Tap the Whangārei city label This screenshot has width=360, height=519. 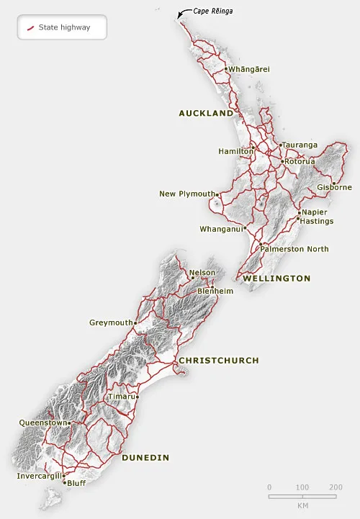(x=248, y=69)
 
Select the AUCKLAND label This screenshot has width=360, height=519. (x=206, y=113)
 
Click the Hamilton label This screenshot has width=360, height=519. (x=235, y=151)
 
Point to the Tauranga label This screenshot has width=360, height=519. (x=300, y=145)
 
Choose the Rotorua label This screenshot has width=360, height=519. (x=300, y=161)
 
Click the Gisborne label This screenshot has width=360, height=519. (x=334, y=187)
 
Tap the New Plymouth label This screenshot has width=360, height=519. (x=187, y=194)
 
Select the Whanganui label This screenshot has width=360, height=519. (x=221, y=230)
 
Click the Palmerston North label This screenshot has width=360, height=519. (x=294, y=249)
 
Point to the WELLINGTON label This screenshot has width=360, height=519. (x=276, y=278)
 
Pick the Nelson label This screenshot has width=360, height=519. (x=202, y=273)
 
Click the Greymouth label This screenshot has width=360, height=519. (x=110, y=322)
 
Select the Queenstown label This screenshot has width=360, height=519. (x=42, y=423)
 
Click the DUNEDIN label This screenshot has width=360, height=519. (x=145, y=457)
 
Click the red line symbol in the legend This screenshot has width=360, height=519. (x=31, y=28)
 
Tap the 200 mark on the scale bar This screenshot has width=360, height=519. (x=336, y=487)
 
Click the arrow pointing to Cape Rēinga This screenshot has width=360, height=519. (x=182, y=12)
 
